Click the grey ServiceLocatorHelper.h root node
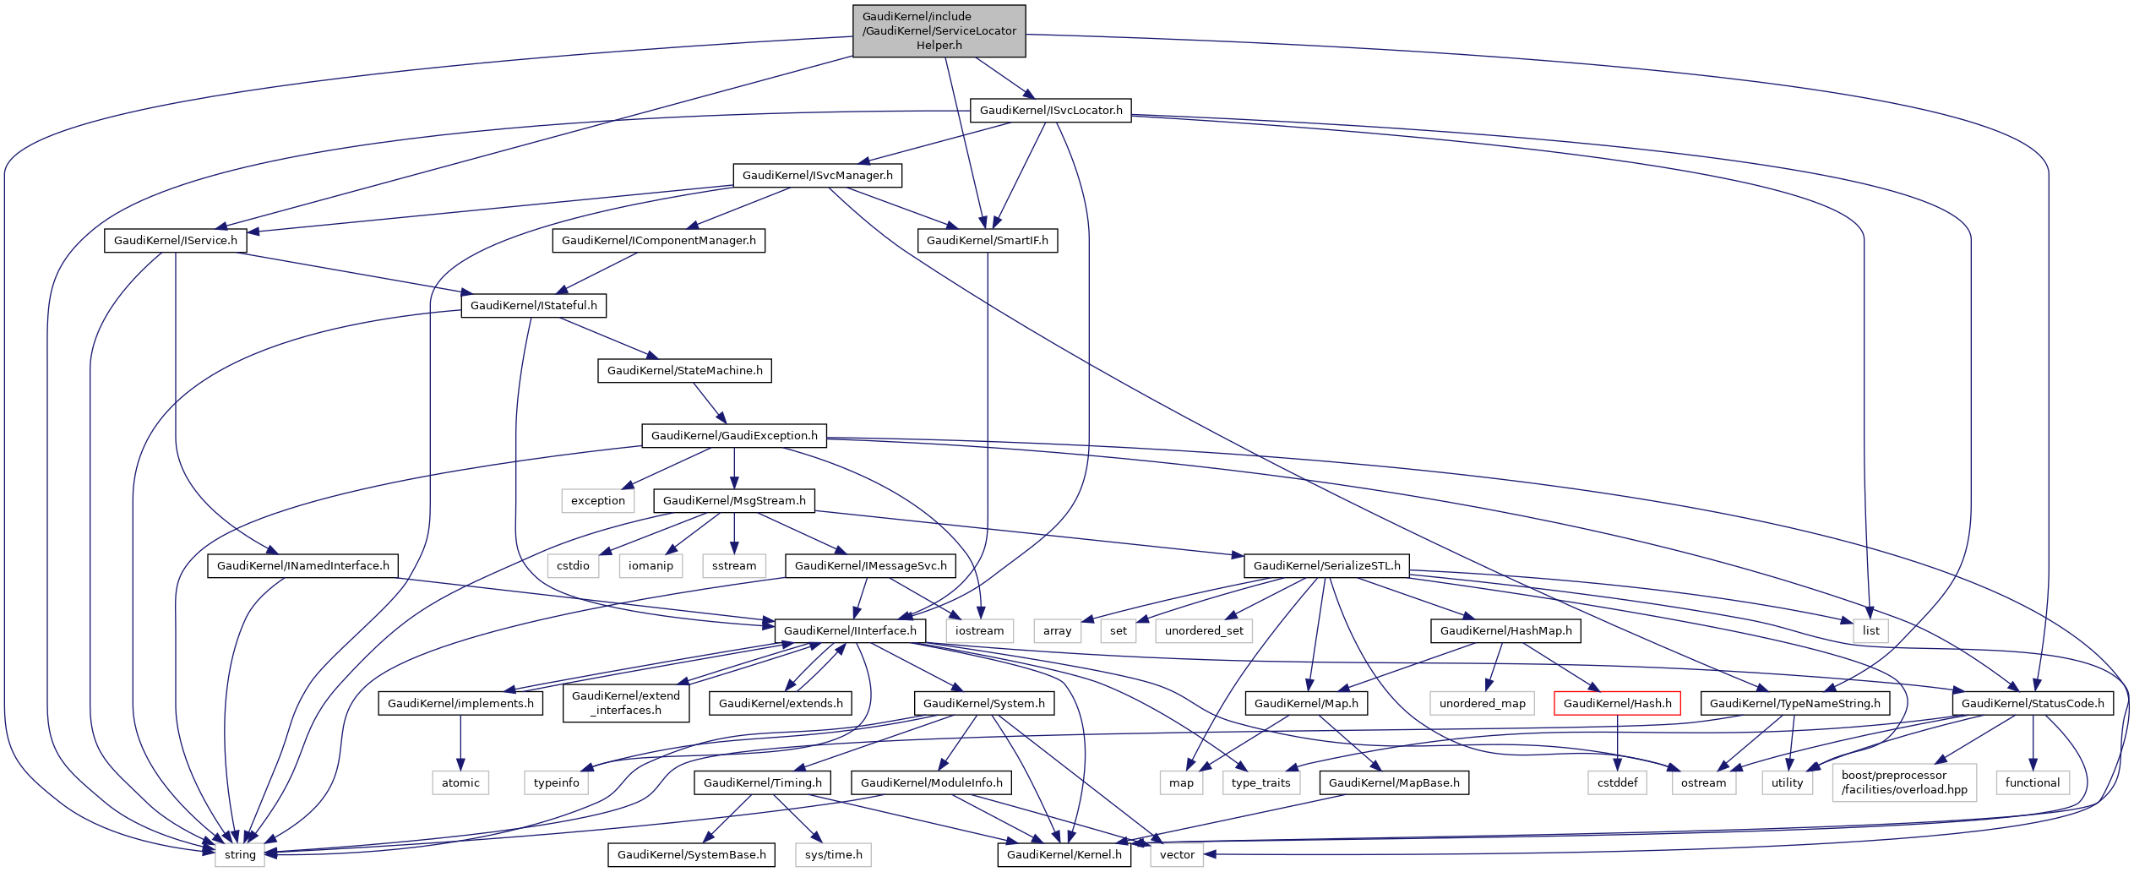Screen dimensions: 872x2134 pyautogui.click(x=939, y=31)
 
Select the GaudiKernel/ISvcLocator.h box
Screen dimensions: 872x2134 pyautogui.click(x=1050, y=111)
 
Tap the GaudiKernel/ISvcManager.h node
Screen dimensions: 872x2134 pyautogui.click(x=817, y=176)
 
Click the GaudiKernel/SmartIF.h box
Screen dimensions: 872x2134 pyautogui.click(x=987, y=241)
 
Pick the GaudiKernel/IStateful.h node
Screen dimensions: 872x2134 pyautogui.click(x=533, y=306)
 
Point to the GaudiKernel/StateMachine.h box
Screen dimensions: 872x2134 pyautogui.click(x=684, y=371)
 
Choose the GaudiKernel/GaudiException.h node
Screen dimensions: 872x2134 pyautogui.click(x=733, y=436)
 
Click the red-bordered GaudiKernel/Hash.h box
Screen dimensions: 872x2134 pyautogui.click(x=1617, y=704)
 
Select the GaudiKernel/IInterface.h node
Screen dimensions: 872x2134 pyautogui.click(x=849, y=631)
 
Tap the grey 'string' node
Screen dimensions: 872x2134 pyautogui.click(x=240, y=855)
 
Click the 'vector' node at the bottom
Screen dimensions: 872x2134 pyautogui.click(x=1176, y=855)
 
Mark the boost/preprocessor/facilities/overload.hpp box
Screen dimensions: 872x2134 pyautogui.click(x=1904, y=783)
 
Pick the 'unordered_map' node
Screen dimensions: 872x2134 pyautogui.click(x=1482, y=704)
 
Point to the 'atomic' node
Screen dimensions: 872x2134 pyautogui.click(x=460, y=783)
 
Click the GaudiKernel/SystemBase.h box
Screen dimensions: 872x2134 pyautogui.click(x=691, y=855)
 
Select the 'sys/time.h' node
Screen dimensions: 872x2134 pyautogui.click(x=833, y=855)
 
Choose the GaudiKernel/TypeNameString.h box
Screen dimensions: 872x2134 pyautogui.click(x=1794, y=704)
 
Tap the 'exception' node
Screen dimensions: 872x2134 pyautogui.click(x=597, y=501)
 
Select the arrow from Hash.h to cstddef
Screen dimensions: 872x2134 pyautogui.click(x=1617, y=743)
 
